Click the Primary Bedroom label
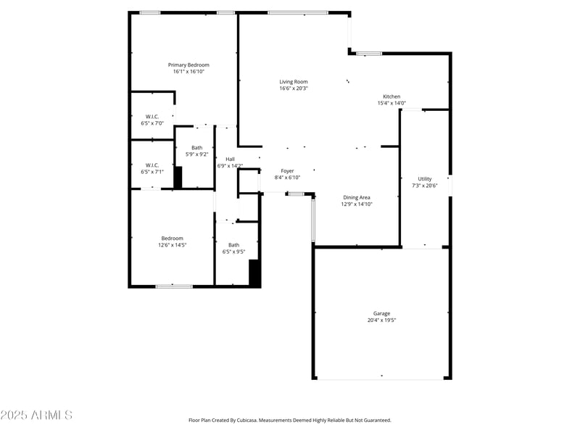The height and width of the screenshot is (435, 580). (188, 65)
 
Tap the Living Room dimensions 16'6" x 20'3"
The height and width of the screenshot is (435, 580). (294, 88)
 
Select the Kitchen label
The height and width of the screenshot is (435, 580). (391, 96)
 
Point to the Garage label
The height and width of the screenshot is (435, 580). (381, 313)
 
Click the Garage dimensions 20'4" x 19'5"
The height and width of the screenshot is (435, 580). (381, 320)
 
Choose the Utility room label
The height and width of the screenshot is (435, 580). (424, 178)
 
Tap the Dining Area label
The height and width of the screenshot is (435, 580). (356, 197)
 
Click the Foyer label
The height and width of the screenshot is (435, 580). (287, 170)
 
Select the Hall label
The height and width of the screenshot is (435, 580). (230, 159)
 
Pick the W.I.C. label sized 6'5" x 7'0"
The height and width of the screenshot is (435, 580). (152, 116)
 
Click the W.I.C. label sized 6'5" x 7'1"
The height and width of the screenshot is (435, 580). (152, 165)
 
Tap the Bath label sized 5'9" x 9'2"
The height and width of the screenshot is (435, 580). (197, 147)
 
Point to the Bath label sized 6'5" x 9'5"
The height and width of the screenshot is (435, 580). (233, 245)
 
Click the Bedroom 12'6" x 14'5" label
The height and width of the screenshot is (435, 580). (173, 238)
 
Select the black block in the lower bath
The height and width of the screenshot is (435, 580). (254, 273)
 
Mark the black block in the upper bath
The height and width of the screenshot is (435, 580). (178, 178)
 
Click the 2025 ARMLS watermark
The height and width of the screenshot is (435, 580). (36, 415)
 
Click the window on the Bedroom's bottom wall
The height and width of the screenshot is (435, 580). (174, 286)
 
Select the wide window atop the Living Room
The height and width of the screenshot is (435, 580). (297, 12)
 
